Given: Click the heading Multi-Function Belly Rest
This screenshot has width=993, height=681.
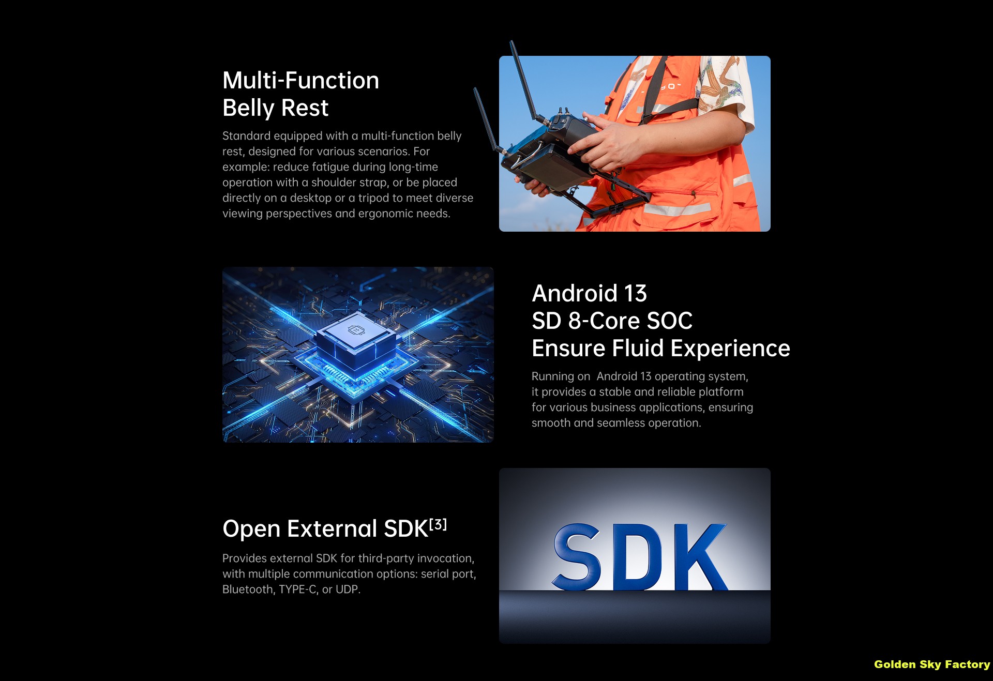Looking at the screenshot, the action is coord(300,94).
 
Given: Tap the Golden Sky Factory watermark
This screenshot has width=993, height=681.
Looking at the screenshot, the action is coord(932,664).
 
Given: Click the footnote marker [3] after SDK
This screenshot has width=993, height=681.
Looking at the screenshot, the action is coord(438,525).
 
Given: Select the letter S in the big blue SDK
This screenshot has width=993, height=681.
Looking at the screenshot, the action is coord(577,556).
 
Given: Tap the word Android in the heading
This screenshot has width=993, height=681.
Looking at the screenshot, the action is coord(575,293).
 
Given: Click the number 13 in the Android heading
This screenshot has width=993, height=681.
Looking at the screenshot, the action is coord(636,294).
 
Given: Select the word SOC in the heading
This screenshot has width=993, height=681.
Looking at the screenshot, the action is coord(670,321).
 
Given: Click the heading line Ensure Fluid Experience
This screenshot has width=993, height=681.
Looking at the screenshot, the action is coord(661,348).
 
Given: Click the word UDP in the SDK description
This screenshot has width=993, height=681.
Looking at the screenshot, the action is coord(348,589).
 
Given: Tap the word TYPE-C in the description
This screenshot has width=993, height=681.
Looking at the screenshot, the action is coord(298,589).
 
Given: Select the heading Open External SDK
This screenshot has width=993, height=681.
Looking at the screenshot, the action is coord(325,529).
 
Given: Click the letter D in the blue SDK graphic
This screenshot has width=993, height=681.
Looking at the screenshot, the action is coord(642,557).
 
